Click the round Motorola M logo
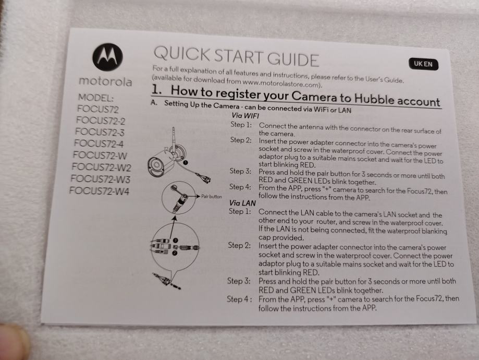107,57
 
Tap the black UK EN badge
423,64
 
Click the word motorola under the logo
105,81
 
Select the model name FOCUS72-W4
99,191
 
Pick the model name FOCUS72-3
100,132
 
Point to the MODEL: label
96,98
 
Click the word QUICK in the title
181,54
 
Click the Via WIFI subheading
245,116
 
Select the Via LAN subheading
242,203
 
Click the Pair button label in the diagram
212,196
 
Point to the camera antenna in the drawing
174,139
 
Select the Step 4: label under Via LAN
240,299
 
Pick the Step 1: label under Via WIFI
241,125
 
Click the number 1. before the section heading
156,89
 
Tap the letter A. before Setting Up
154,102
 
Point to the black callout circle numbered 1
185,163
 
